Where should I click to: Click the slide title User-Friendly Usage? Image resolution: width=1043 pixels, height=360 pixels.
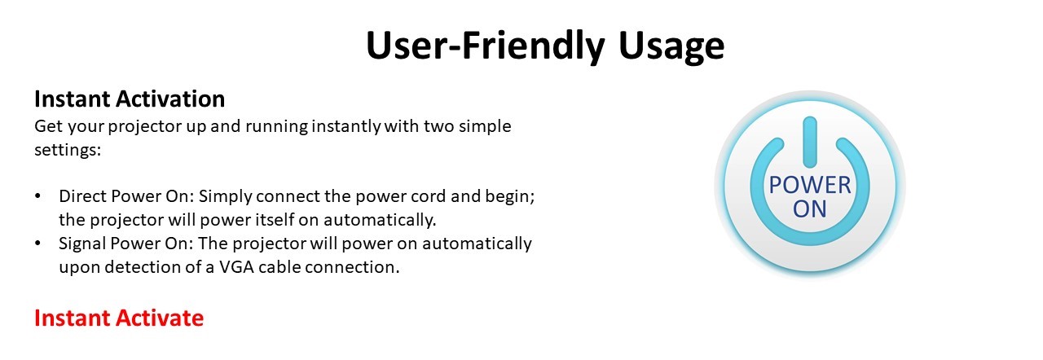(545, 46)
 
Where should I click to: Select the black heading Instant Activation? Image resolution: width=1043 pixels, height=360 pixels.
(130, 99)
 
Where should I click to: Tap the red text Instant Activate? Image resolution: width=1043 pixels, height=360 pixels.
(119, 318)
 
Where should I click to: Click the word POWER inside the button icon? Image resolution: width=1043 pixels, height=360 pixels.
(810, 185)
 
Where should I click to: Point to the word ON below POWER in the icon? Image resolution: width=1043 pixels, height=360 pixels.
(810, 209)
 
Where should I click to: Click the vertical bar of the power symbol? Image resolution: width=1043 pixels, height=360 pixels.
(810, 142)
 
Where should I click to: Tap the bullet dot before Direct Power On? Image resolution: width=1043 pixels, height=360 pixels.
(37, 196)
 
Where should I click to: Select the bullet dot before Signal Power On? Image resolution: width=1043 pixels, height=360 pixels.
(37, 244)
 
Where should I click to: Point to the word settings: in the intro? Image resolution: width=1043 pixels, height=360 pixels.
(68, 150)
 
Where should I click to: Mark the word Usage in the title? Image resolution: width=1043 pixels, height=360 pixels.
(671, 46)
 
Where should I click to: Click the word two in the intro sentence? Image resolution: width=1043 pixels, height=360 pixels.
(438, 126)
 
